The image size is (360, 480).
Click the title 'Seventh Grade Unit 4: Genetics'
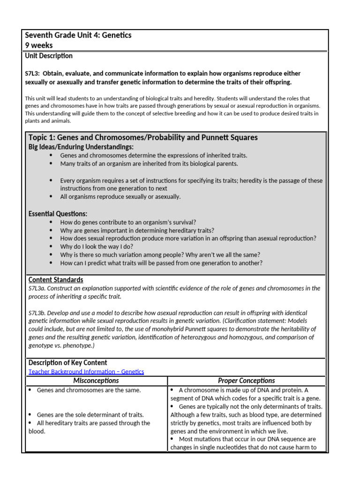point(78,36)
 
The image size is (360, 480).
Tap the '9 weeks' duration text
point(39,45)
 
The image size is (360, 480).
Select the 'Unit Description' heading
point(49,56)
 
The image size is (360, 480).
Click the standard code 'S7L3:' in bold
point(34,74)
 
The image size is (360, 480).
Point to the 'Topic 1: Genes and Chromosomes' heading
point(143,137)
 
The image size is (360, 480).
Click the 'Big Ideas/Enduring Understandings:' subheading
point(81,147)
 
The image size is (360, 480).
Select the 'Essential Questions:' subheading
point(58,214)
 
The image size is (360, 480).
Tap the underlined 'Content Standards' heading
point(56,280)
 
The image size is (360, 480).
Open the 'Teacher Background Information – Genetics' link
point(86,372)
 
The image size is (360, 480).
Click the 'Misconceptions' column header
point(96,381)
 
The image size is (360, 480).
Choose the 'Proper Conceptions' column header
point(246,381)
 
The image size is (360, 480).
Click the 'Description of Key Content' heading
point(67,363)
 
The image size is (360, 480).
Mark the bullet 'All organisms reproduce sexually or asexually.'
point(120,197)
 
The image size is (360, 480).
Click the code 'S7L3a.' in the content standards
point(37,288)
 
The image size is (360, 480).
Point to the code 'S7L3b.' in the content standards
point(37,313)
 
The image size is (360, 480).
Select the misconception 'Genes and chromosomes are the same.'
point(89,390)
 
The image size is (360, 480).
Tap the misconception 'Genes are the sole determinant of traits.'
point(90,415)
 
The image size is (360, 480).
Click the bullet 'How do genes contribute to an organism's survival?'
point(128,222)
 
